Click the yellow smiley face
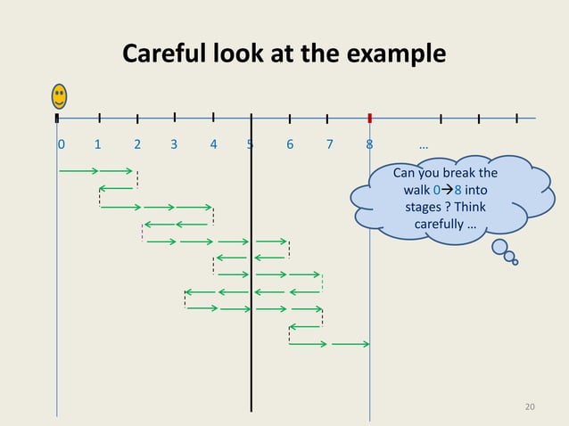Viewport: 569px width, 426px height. click(59, 95)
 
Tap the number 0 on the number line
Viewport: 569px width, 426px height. click(61, 143)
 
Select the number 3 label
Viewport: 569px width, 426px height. click(174, 143)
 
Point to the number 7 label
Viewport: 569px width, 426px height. click(329, 143)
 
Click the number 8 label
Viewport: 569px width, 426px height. click(368, 143)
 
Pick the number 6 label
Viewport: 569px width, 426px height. click(290, 143)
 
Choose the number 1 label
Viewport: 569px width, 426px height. click(98, 143)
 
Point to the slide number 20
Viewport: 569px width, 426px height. click(530, 406)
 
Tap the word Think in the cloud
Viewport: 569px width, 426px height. click(468, 207)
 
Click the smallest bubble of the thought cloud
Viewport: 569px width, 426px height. click(515, 262)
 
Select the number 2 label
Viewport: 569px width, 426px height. click(136, 143)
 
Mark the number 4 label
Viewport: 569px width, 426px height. click(212, 143)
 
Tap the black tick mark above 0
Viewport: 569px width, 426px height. click(57, 117)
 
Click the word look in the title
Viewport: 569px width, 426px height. click(242, 55)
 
